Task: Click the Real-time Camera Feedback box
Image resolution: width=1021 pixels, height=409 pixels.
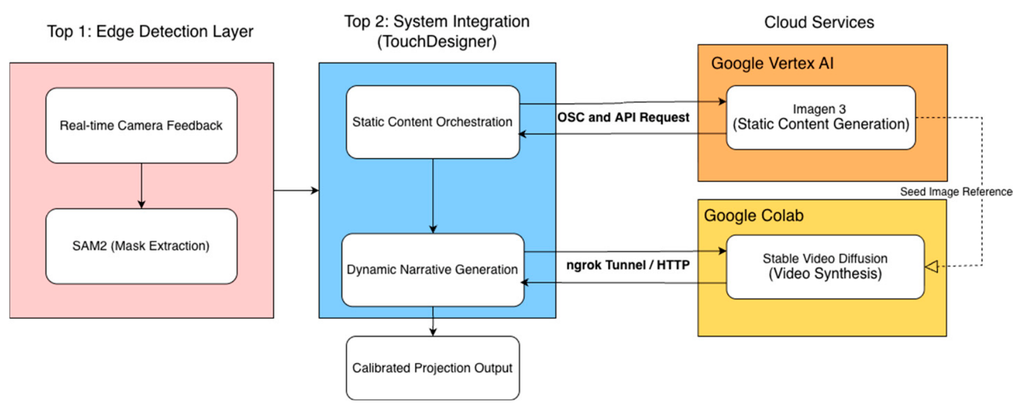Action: pyautogui.click(x=141, y=125)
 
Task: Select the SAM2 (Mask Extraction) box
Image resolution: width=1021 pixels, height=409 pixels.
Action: pyautogui.click(x=141, y=246)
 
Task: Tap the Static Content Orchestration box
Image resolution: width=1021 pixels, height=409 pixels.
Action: pyautogui.click(x=433, y=122)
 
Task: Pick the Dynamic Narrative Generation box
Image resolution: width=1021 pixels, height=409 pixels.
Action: pyautogui.click(x=433, y=269)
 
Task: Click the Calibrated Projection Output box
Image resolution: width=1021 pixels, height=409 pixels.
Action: pyautogui.click(x=433, y=368)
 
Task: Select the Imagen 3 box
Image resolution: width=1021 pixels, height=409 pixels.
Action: pyautogui.click(x=820, y=117)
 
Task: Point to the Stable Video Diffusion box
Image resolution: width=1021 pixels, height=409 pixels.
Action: pyautogui.click(x=825, y=267)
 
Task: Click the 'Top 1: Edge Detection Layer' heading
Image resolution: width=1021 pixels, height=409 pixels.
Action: pyautogui.click(x=150, y=32)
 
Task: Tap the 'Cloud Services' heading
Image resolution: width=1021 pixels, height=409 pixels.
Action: pyautogui.click(x=819, y=22)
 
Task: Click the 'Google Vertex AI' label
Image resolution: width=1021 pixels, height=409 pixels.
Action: pyautogui.click(x=772, y=63)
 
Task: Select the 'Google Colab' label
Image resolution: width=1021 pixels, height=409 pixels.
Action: pyautogui.click(x=754, y=215)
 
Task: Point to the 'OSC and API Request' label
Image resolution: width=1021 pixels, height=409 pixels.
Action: pyautogui.click(x=623, y=117)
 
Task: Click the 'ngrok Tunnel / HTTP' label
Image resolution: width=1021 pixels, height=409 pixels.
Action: pyautogui.click(x=628, y=265)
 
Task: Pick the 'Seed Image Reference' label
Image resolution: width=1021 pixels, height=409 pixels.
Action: pyautogui.click(x=956, y=191)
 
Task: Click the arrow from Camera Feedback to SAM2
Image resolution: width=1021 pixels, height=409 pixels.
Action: pyautogui.click(x=141, y=186)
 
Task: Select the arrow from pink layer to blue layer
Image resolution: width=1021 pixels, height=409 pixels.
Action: pyautogui.click(x=296, y=190)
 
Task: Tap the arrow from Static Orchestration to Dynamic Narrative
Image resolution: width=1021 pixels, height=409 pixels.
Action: pyautogui.click(x=433, y=196)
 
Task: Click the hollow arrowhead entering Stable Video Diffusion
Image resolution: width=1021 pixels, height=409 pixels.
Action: pyautogui.click(x=931, y=267)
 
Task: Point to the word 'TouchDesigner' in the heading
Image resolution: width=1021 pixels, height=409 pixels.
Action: pyautogui.click(x=437, y=42)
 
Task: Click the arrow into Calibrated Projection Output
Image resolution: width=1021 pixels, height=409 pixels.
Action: pyautogui.click(x=433, y=321)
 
